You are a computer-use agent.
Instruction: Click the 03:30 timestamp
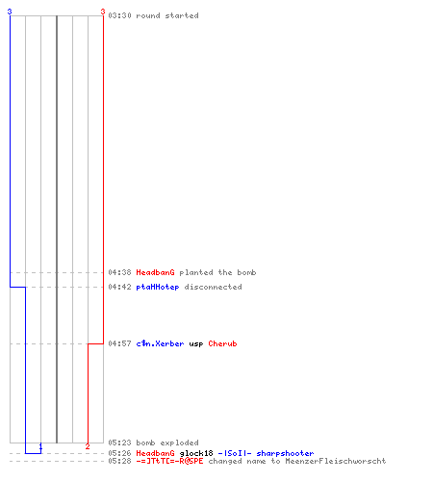point(119,15)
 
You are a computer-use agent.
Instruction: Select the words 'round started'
point(167,15)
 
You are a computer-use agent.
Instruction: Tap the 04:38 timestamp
point(119,272)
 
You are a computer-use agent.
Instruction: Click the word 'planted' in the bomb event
point(196,273)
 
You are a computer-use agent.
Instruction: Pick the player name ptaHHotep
point(158,287)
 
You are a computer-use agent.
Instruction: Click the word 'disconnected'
point(213,287)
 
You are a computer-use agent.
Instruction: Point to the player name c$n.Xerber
point(160,343)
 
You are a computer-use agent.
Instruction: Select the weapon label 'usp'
point(196,344)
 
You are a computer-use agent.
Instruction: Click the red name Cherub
point(222,343)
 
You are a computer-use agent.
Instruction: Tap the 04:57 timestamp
point(119,343)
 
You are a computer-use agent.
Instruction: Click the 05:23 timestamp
point(119,443)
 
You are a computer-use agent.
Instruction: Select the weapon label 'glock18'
point(196,453)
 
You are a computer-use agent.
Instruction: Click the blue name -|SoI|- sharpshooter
point(266,453)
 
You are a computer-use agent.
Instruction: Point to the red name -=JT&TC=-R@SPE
point(169,461)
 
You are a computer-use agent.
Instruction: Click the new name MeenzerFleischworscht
point(336,461)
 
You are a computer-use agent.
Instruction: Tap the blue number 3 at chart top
point(10,12)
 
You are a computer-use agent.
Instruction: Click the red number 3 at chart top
point(103,12)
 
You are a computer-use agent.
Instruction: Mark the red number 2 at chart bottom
point(88,446)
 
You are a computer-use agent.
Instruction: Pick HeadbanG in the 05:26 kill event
point(155,453)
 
